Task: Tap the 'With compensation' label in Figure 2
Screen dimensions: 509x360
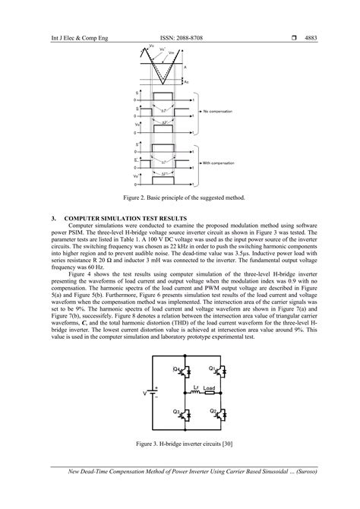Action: pos(223,164)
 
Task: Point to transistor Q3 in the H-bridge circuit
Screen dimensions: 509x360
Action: pos(158,413)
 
